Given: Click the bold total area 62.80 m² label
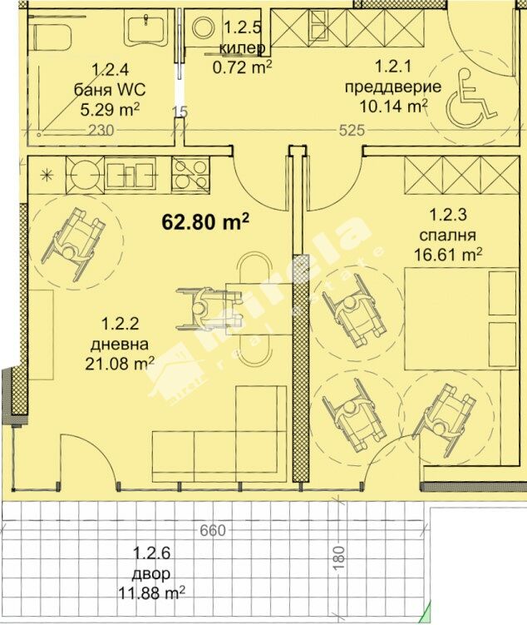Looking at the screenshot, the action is pos(205,222).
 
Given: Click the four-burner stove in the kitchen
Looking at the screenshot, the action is pos(190,176).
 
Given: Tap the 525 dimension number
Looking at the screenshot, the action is pos(352,131).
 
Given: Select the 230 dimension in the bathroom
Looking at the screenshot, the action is pos(101,131).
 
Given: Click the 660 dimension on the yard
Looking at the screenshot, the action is pos(213,530).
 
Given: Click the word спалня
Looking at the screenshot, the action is pos(448,236).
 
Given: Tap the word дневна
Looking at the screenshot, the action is pos(120,345).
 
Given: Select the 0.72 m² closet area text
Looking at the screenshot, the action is pos(243,67).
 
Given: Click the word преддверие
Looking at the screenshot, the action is pos(393,87).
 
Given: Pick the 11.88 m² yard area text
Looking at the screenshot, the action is pos(151,593).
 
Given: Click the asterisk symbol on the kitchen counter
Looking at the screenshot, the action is pos(47,176).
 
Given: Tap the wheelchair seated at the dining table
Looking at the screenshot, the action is pos(209,307).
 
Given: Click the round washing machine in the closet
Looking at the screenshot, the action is pos(204,28).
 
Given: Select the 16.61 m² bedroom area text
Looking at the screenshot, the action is pos(448,253).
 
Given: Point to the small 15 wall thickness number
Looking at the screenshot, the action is pos(180,112).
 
